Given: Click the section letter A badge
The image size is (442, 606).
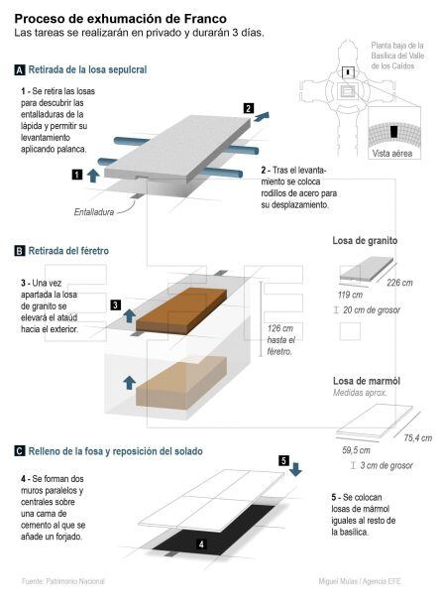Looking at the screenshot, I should (20, 69).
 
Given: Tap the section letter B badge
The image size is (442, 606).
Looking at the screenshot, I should (20, 252).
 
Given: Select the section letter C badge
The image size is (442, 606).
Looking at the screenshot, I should (20, 450).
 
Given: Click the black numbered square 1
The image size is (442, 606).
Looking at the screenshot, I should (76, 175).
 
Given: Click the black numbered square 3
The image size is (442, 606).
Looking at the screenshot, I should (116, 304).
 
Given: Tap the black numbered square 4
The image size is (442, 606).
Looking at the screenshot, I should (201, 545).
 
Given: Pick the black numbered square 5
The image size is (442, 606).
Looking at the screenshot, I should (283, 460).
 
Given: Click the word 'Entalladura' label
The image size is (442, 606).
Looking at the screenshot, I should (94, 212).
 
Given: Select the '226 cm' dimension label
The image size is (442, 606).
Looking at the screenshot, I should (399, 283).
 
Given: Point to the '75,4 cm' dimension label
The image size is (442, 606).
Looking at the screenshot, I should (417, 437).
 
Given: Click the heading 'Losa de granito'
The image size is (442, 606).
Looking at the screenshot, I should (366, 241).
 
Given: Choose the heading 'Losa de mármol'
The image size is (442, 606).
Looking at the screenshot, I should (366, 381).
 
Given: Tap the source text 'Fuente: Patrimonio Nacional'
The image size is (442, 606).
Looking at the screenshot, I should (63, 581).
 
